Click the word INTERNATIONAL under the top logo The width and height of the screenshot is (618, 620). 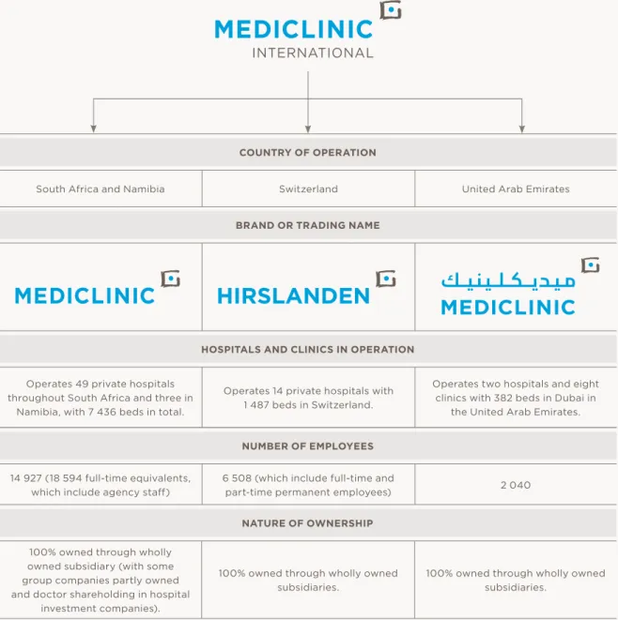click(x=313, y=53)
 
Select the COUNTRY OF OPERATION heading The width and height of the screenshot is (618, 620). click(x=308, y=153)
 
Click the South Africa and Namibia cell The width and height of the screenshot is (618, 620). click(x=100, y=189)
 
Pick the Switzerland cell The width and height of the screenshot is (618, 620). click(x=308, y=189)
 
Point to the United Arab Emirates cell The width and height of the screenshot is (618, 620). click(x=516, y=189)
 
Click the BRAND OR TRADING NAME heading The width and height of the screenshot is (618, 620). click(x=308, y=225)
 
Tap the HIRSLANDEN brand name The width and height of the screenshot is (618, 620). click(x=293, y=295)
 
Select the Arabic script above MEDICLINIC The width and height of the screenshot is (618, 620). click(x=508, y=280)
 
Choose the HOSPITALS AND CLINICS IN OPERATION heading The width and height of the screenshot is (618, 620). click(x=308, y=350)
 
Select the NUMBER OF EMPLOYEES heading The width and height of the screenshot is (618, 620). click(x=308, y=446)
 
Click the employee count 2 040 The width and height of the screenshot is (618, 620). click(x=516, y=485)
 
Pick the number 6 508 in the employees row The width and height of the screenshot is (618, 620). click(x=237, y=478)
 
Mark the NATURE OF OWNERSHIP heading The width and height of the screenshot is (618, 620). click(x=308, y=523)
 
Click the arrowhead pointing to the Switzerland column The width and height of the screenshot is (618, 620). click(x=308, y=129)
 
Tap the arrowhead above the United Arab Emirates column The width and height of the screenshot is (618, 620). click(x=522, y=129)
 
